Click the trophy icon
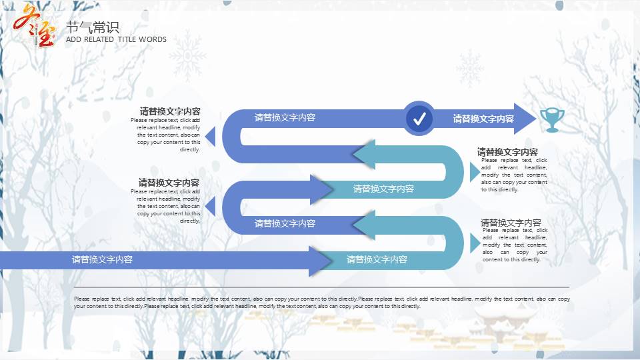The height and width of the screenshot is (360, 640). point(551,119)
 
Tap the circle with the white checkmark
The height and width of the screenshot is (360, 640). point(419,119)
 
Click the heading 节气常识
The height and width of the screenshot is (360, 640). point(93,27)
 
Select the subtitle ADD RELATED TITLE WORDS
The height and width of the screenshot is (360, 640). point(116,39)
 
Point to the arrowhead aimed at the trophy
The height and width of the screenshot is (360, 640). point(525,119)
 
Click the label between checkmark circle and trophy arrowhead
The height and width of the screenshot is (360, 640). point(483,119)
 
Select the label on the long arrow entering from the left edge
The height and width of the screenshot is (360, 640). point(102,259)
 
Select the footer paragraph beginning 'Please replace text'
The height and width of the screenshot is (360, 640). point(321,303)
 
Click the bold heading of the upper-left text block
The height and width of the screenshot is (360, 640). point(170,111)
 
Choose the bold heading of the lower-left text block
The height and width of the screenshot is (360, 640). point(169,182)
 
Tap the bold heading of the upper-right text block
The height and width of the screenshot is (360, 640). point(507,152)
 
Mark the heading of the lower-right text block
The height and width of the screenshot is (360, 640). point(511,223)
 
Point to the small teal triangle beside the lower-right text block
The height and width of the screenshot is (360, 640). point(474,243)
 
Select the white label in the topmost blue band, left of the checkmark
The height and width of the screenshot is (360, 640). point(285,117)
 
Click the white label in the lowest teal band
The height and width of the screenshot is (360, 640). point(377,259)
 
